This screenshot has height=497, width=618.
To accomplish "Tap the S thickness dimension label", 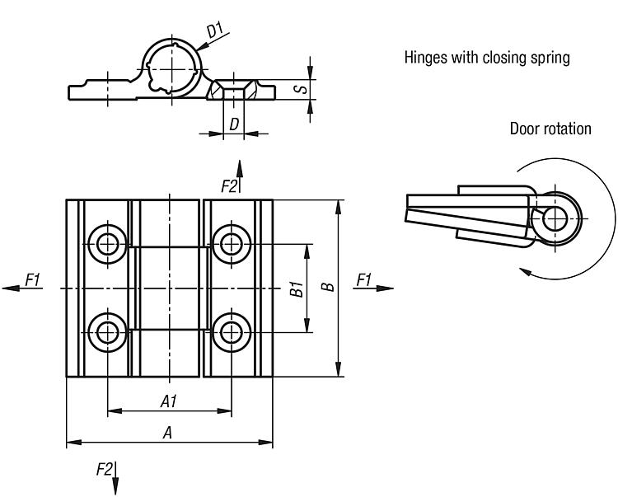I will pyautogui.click(x=302, y=87).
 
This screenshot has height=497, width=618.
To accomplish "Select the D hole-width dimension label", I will pyautogui.click(x=234, y=124).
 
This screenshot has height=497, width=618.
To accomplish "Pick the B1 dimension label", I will pyautogui.click(x=297, y=288).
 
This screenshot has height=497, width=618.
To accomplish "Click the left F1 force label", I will pyautogui.click(x=32, y=280).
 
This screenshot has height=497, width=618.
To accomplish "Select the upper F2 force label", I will pyautogui.click(x=229, y=186).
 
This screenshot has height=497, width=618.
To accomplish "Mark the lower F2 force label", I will pyautogui.click(x=105, y=469).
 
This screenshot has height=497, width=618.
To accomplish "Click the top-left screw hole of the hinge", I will pyautogui.click(x=107, y=243).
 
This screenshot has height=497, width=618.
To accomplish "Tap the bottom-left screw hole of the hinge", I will pyautogui.click(x=107, y=331).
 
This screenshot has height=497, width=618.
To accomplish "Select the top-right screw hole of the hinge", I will pyautogui.click(x=230, y=243).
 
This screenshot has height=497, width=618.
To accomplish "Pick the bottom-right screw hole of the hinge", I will pyautogui.click(x=230, y=331).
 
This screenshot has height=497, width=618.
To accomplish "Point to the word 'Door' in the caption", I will pyautogui.click(x=525, y=129).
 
